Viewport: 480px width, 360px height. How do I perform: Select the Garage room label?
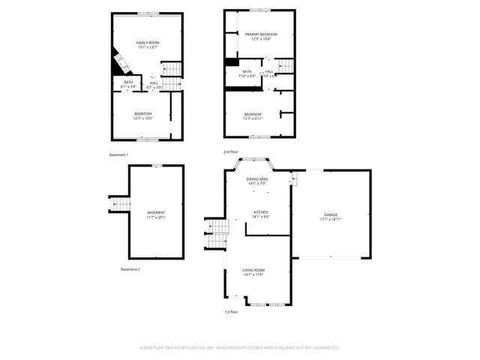pos(331,214)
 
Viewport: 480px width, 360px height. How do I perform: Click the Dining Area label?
pos(257,178)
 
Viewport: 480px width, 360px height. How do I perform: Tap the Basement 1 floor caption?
pos(119,154)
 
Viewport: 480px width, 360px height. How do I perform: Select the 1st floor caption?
pos(232,311)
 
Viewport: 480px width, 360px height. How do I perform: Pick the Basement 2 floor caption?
pos(130,269)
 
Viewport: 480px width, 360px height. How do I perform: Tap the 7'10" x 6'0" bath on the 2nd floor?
pos(247,73)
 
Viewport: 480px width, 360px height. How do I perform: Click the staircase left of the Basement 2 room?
pos(120,204)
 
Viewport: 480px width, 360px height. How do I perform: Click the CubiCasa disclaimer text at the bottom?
pos(239,347)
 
